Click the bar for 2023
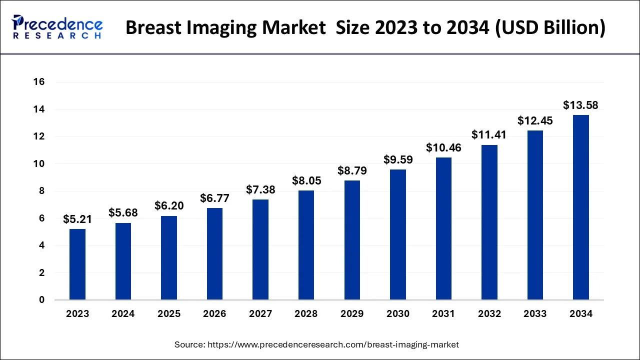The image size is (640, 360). [77, 264]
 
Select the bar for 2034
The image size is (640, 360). [580, 207]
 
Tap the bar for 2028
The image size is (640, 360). [306, 245]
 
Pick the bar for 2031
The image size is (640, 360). [443, 228]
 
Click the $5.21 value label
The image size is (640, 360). [77, 219]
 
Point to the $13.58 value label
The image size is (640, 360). [580, 105]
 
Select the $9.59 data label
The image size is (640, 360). [398, 159]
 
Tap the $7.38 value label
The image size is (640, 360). [260, 189]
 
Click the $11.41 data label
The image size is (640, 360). [489, 134]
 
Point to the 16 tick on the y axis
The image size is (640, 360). [39, 82]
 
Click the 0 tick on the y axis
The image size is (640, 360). [42, 300]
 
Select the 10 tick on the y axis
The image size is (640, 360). [39, 164]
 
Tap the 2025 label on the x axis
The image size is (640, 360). [169, 314]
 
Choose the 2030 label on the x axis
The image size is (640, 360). [398, 314]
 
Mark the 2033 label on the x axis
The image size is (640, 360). [535, 314]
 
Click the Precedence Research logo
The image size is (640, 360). [57, 27]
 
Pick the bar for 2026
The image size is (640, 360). [215, 254]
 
